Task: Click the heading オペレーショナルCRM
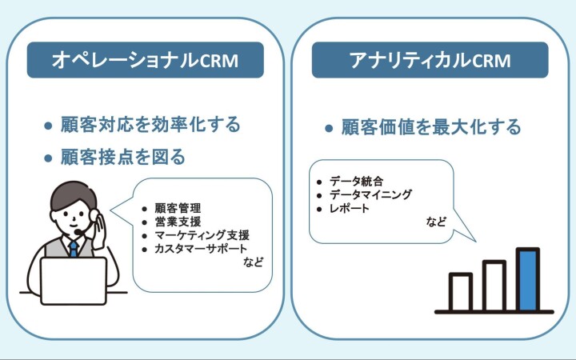click(x=145, y=60)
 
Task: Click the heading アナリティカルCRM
click(x=430, y=60)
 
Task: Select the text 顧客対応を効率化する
click(x=150, y=125)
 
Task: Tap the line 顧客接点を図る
click(x=122, y=157)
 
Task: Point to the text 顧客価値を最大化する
click(x=431, y=127)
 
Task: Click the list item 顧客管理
click(x=178, y=208)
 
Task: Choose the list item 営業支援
click(x=178, y=222)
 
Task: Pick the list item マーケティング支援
click(x=202, y=235)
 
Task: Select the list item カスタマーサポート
click(x=201, y=249)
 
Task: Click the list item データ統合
click(x=356, y=181)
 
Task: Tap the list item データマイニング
click(x=370, y=194)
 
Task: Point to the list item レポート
click(x=349, y=208)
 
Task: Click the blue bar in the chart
click(x=528, y=279)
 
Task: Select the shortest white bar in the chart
click(x=461, y=292)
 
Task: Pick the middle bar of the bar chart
click(x=494, y=286)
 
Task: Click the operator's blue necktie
click(x=74, y=248)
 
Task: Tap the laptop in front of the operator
click(x=74, y=281)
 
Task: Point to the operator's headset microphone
click(x=78, y=232)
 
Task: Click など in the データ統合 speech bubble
click(x=436, y=222)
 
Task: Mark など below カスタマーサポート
click(x=253, y=262)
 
